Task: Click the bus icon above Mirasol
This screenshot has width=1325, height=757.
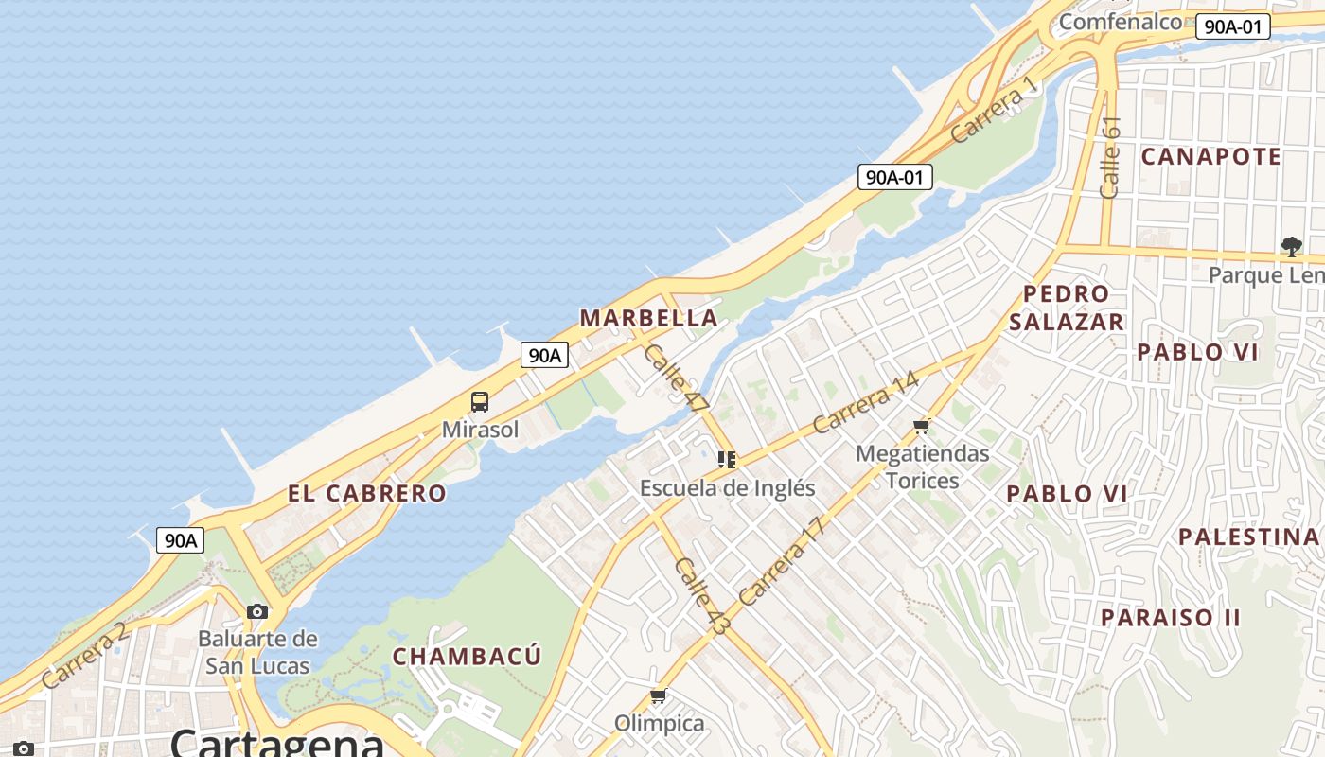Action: click(480, 401)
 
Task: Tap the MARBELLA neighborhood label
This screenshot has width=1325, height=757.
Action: click(649, 318)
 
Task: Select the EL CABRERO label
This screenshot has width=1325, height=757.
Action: click(367, 493)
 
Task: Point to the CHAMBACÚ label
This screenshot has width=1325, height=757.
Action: click(468, 656)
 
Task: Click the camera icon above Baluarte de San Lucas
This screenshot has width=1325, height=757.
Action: click(257, 611)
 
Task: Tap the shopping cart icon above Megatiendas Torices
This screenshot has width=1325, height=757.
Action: click(922, 427)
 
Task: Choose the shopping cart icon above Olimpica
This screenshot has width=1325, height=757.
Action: click(659, 696)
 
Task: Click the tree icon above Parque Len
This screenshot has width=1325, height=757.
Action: click(1291, 247)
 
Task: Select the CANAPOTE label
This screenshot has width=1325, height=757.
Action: click(1210, 156)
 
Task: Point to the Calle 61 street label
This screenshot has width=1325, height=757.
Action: click(1110, 157)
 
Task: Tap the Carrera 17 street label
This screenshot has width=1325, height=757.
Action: click(783, 561)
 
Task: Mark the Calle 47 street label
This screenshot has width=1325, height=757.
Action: click(676, 378)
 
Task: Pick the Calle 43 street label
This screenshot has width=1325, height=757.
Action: click(698, 595)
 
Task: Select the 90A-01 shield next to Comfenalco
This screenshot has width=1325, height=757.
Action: click(1232, 26)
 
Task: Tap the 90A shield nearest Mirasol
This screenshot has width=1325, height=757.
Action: click(545, 355)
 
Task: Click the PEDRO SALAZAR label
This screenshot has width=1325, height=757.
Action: click(1066, 308)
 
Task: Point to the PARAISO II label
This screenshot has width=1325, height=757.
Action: click(1170, 618)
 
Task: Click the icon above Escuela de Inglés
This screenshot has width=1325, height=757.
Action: click(727, 460)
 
